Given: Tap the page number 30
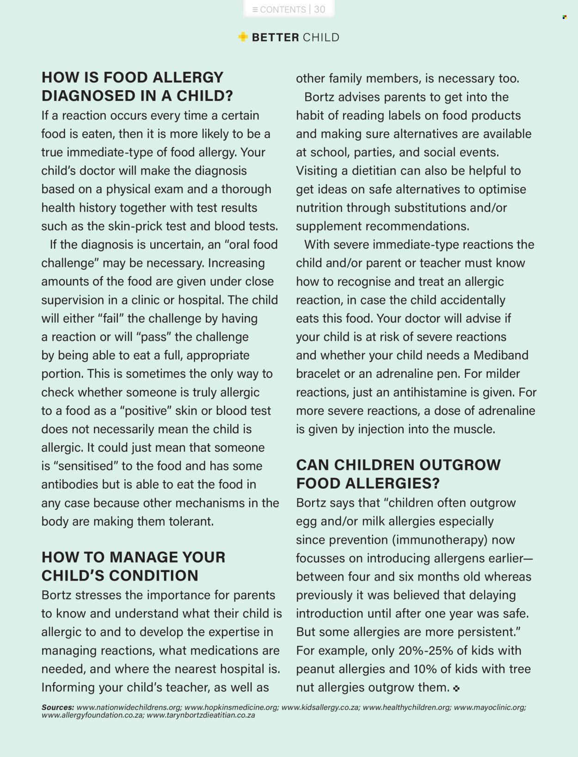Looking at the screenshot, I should coord(320,9).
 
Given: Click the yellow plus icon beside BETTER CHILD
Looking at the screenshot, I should coord(243,37).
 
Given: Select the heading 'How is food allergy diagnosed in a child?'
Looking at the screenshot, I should coord(137,86).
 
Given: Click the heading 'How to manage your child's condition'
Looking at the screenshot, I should coord(134,566).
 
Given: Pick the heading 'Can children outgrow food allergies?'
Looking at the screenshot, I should coord(398,474).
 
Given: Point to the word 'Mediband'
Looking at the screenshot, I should coord(501,355).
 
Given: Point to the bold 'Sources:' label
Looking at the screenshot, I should coord(58,707).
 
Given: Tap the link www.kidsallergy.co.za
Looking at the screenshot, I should coord(320,707).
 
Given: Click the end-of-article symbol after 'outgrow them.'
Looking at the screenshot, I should coord(456,689).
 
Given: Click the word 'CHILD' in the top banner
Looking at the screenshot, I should coord(321,37).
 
